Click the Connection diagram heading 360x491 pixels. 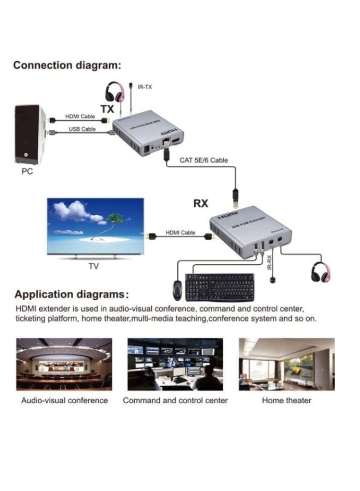tap(67, 65)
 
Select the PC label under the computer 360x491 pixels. tap(27, 171)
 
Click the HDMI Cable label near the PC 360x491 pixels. tap(80, 116)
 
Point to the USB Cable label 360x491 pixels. tap(82, 129)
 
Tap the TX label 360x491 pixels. tap(107, 109)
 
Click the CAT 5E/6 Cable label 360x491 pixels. tap(204, 160)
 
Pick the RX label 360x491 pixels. tap(201, 203)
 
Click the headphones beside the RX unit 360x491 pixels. tap(322, 271)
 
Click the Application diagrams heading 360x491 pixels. tap(71, 295)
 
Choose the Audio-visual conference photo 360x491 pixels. tap(64, 364)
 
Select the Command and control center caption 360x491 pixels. tap(175, 400)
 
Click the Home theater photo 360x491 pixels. tap(286, 364)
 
